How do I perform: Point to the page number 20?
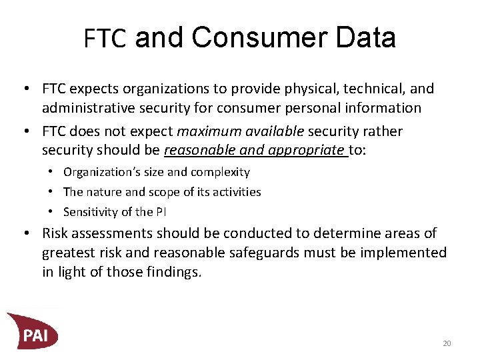pos(447,343)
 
